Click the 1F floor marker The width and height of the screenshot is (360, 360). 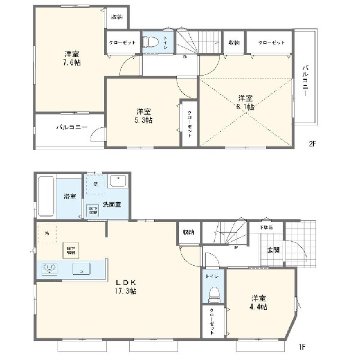303,346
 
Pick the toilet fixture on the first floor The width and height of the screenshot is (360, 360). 214,294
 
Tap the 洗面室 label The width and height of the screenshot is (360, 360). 112,205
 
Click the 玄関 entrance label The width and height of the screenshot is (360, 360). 273,250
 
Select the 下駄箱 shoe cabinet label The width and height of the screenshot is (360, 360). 266,228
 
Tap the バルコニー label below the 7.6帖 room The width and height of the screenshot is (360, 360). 73,128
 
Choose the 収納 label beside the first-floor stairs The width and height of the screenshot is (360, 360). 188,232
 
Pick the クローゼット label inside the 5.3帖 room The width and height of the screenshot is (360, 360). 190,124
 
